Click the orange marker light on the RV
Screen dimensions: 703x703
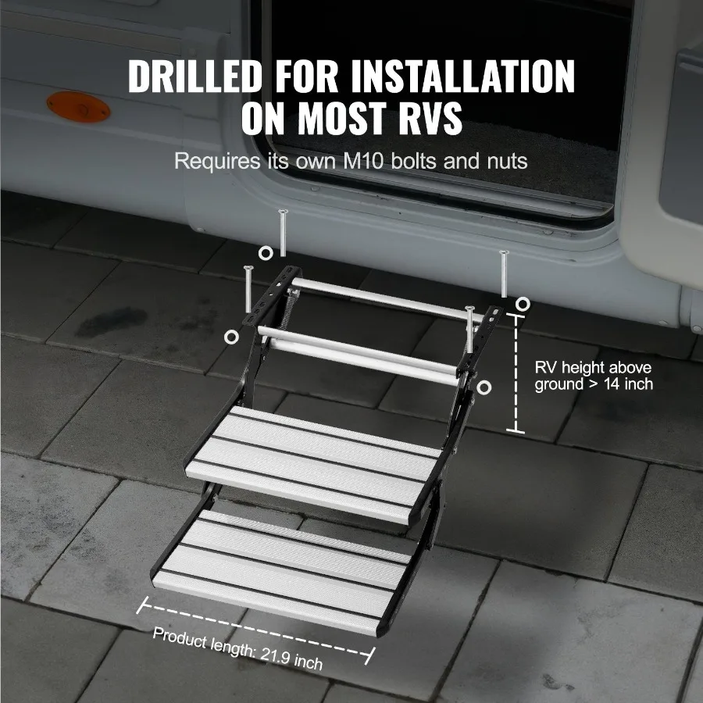coord(77,107)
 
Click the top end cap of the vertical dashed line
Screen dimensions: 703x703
coord(515,314)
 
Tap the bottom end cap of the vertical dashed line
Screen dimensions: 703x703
coord(515,431)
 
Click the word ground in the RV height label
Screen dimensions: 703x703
coord(558,384)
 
